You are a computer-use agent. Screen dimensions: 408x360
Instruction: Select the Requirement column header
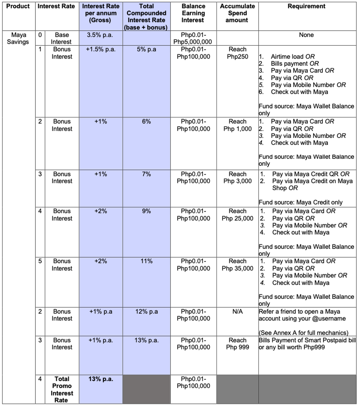(x=306, y=6)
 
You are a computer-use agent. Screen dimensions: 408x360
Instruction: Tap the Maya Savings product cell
(x=17, y=38)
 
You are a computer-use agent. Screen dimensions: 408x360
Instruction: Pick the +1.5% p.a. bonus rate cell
(x=100, y=49)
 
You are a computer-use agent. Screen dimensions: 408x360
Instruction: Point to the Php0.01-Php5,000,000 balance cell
(x=193, y=38)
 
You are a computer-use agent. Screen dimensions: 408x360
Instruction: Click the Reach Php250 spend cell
(x=237, y=53)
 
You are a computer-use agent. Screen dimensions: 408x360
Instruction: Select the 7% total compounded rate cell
(x=146, y=174)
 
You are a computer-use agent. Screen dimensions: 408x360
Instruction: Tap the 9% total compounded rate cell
(x=146, y=211)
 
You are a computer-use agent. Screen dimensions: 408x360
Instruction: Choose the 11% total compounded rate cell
(x=146, y=261)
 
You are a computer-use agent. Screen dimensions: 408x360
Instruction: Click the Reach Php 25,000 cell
(x=237, y=215)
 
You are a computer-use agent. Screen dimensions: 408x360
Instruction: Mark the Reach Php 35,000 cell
(x=237, y=264)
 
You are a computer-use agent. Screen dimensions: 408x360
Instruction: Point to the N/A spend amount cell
(x=237, y=312)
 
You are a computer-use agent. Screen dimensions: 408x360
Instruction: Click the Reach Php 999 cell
(x=237, y=344)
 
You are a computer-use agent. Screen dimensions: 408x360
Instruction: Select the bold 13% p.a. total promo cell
(x=100, y=379)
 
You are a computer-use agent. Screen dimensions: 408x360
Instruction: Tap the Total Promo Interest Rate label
(x=62, y=389)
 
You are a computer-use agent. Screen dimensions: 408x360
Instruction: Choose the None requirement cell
(x=306, y=35)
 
